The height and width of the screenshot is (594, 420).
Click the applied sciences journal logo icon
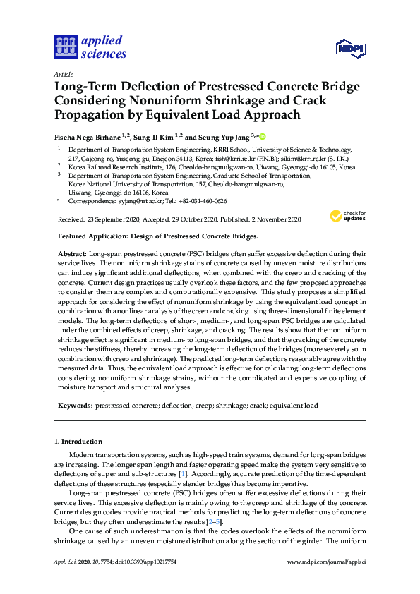tap(64, 47)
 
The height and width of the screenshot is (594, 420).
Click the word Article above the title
tap(63, 74)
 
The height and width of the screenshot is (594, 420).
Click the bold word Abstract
tap(71, 253)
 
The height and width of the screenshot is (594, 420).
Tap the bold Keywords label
tap(73, 406)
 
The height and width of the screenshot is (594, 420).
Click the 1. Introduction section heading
tap(78, 442)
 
